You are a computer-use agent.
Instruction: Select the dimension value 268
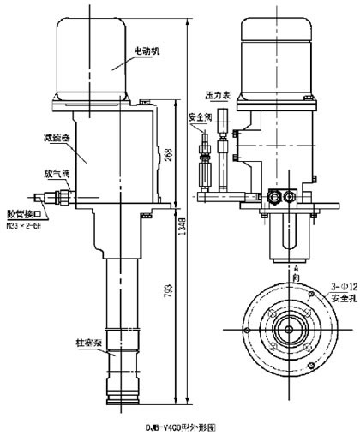tap(168, 155)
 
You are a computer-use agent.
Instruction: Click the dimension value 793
tap(168, 295)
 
